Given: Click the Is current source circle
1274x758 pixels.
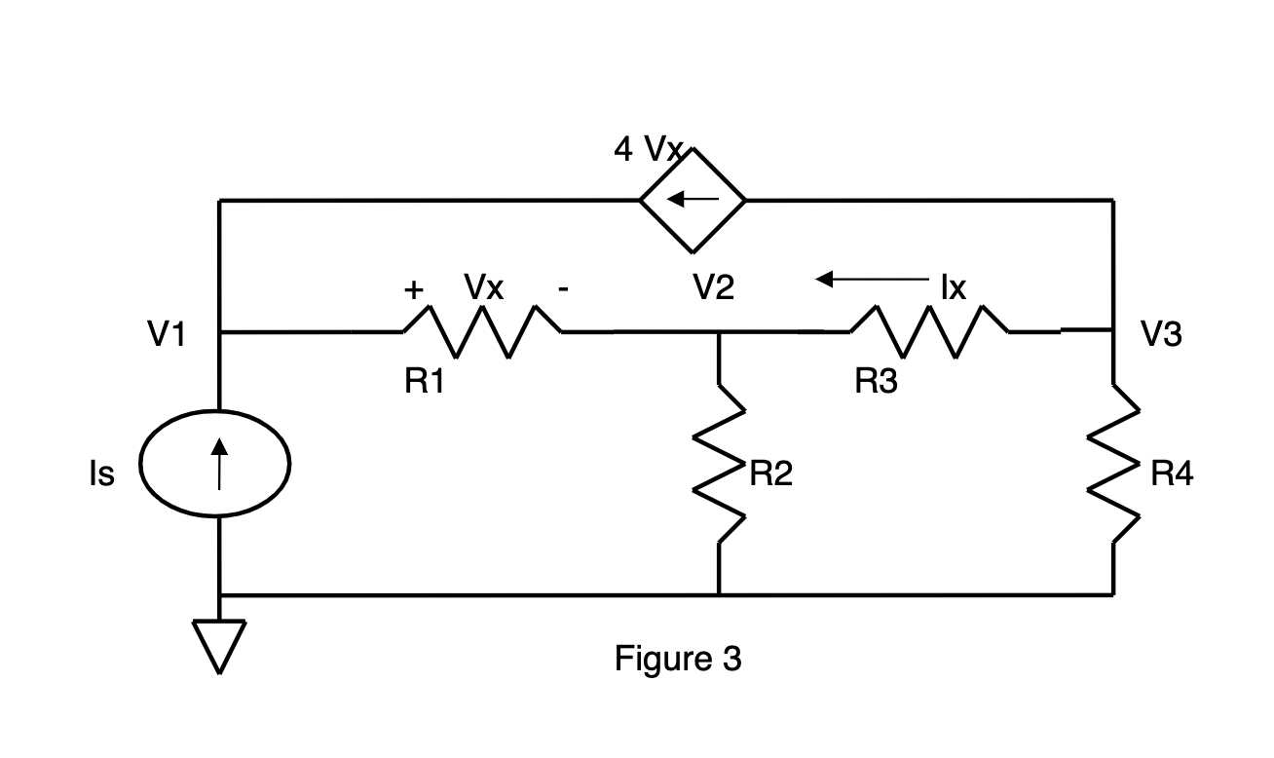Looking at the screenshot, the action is coord(215,463).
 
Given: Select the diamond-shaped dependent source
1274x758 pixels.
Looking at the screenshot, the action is coord(693,201).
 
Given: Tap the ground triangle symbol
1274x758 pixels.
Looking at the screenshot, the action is coord(219,647).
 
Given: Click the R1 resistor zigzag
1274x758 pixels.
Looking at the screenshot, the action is coord(482,332).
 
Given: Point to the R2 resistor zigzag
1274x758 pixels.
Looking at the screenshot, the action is coord(719,463).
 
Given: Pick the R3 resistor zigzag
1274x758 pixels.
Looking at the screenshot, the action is coord(929,332).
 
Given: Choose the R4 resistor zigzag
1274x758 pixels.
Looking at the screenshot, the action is coord(1113,463).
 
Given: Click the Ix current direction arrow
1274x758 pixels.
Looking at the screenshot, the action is coord(872,280).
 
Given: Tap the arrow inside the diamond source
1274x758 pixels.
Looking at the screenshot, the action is coord(693,199).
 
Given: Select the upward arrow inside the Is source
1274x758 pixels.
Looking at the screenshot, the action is coord(219,464).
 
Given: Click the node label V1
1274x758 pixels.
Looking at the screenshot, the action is coord(167,333).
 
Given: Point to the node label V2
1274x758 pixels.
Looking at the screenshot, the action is coord(713,286).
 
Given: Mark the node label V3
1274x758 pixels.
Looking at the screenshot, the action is coord(1161,333).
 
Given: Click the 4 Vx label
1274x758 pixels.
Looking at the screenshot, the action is coord(648,149).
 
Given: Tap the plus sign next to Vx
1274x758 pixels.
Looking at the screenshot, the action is coord(414,289).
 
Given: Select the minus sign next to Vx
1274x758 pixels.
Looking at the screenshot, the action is coord(563,289).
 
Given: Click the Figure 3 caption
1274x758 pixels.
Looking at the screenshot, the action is coord(678,659).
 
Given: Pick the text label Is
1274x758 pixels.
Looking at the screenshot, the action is coord(102,474).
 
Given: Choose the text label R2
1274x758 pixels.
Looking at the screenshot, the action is coord(770,474).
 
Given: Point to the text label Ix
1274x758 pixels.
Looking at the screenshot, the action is coord(954,287).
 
